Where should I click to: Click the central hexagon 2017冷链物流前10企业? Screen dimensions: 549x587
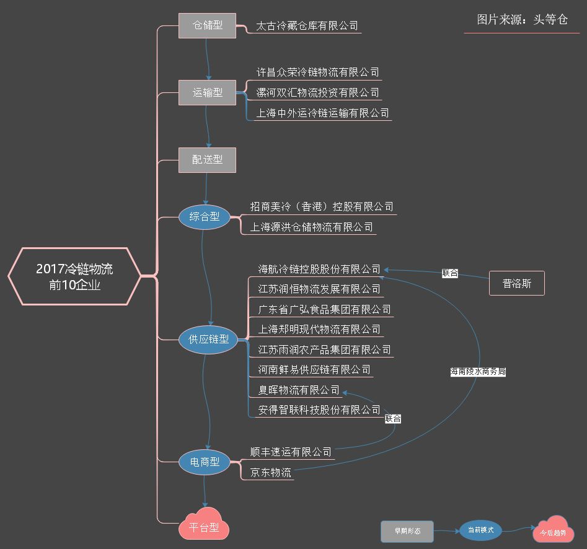click(x=74, y=276)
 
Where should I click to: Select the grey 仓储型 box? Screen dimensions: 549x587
click(x=207, y=26)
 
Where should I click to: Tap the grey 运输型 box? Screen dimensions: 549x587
click(x=207, y=93)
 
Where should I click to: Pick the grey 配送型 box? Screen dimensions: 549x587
click(x=207, y=160)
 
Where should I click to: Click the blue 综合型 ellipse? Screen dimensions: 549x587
click(x=204, y=217)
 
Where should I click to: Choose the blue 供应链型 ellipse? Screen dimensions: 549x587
click(x=209, y=340)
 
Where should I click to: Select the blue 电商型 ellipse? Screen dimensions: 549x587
click(x=205, y=462)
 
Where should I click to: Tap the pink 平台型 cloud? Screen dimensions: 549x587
click(x=205, y=528)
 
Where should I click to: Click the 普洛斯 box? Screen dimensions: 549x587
click(x=516, y=283)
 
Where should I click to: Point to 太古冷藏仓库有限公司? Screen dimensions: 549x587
click(x=307, y=27)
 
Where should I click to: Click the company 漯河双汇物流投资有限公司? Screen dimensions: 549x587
click(x=317, y=93)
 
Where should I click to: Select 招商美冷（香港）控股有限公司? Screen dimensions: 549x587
click(x=322, y=206)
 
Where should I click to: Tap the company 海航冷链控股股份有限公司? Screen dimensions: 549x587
click(x=319, y=269)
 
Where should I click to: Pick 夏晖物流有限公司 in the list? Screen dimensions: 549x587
click(x=299, y=390)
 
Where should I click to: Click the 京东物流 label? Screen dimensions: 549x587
click(x=270, y=472)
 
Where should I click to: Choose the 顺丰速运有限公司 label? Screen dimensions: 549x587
click(x=291, y=452)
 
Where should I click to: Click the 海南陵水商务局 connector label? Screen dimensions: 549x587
click(x=478, y=372)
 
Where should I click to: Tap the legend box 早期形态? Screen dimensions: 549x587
click(x=407, y=531)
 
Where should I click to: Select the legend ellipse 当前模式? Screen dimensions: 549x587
click(x=480, y=530)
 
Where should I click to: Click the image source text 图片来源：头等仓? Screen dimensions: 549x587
click(x=522, y=20)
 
